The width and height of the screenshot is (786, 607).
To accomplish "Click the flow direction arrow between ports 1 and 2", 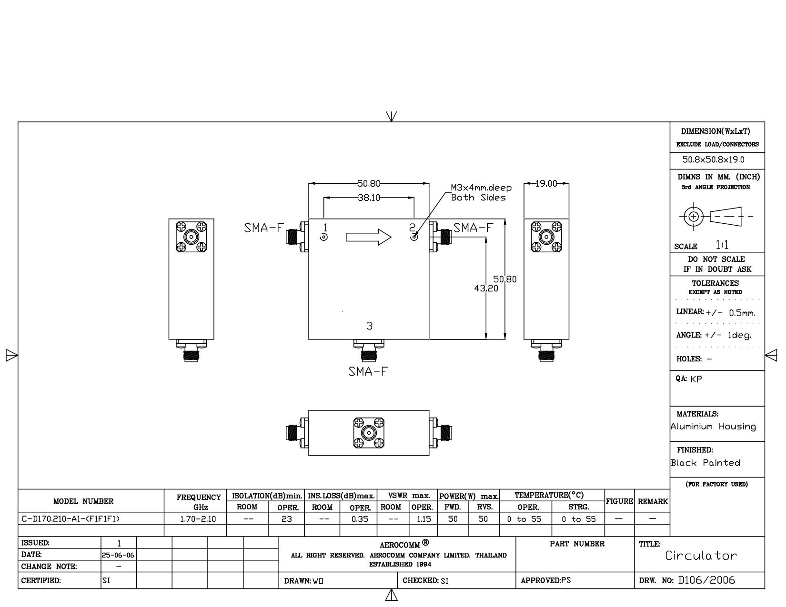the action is point(369,237).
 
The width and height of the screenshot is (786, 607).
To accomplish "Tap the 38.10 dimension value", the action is point(369,198).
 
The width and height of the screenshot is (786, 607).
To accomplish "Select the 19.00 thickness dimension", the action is point(546,184).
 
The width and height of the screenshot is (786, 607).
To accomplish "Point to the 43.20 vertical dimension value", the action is point(486,288).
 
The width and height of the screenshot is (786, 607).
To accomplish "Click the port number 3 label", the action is point(369,326).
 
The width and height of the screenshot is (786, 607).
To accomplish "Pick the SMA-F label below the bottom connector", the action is point(368,371).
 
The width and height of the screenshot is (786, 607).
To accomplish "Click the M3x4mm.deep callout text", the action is point(481,188).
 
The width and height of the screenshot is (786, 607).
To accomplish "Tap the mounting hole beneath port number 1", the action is point(324,237).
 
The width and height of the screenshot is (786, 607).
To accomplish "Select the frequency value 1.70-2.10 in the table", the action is point(198,519).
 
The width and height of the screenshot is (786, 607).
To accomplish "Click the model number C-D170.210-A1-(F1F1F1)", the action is point(71,519).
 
